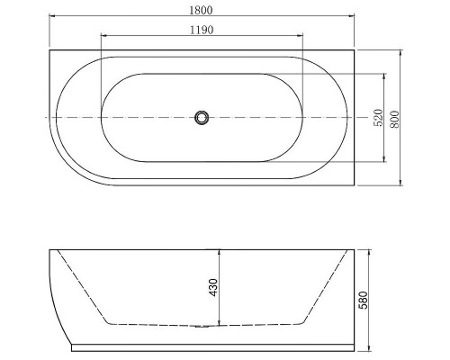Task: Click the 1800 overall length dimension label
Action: tap(202, 7)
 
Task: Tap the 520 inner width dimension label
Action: tap(380, 117)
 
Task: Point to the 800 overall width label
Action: tap(393, 117)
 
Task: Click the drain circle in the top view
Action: tap(202, 117)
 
